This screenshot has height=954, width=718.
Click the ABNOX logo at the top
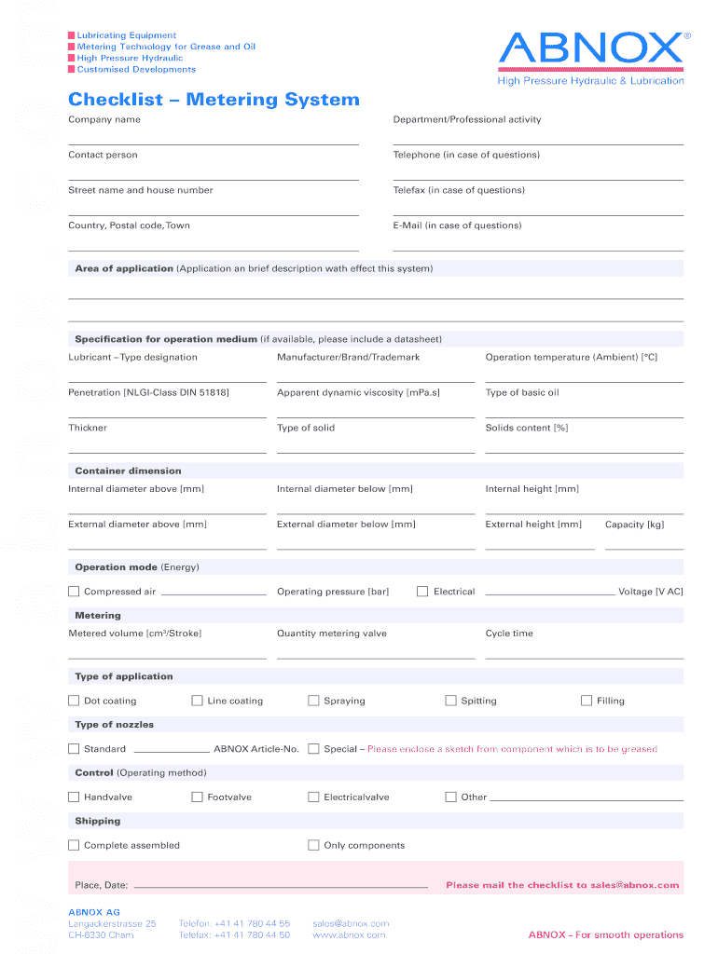click(591, 48)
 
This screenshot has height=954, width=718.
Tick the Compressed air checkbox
click(74, 592)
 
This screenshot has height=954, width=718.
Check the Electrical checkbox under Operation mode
click(422, 592)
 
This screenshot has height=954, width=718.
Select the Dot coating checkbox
click(74, 701)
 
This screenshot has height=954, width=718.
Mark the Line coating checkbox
click(197, 701)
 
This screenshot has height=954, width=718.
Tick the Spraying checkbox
click(313, 701)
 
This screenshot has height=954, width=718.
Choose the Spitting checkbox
click(450, 701)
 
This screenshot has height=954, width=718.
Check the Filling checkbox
click(587, 701)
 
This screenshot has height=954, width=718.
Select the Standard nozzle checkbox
click(74, 749)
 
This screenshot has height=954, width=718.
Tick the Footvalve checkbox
click(197, 797)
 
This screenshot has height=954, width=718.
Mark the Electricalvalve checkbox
click(313, 797)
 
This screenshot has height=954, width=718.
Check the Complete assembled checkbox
click(74, 846)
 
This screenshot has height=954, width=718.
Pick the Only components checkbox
click(313, 846)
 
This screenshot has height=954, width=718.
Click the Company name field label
click(104, 120)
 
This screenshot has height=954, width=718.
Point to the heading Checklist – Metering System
click(214, 100)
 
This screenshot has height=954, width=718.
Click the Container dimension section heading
click(128, 471)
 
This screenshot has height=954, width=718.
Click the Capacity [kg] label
click(634, 525)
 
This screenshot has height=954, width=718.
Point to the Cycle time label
click(509, 634)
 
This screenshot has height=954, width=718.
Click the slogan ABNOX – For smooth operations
click(605, 934)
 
